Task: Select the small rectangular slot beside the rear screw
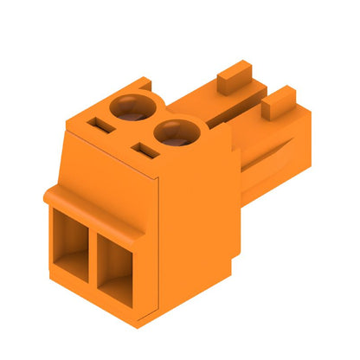[100, 124]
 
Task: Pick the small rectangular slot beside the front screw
[142, 154]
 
